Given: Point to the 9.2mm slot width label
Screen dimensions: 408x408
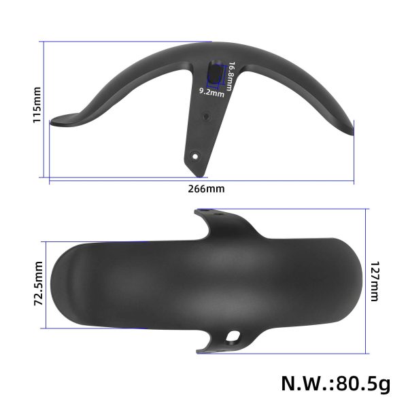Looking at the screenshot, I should point(211,91).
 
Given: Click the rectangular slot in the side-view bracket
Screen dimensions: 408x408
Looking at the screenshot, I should point(214,73).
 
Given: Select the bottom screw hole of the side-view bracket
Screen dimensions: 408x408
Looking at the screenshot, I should point(195,156).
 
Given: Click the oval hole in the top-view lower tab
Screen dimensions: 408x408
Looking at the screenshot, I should point(235,335).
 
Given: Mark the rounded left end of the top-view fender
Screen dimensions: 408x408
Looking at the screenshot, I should point(58,286).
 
